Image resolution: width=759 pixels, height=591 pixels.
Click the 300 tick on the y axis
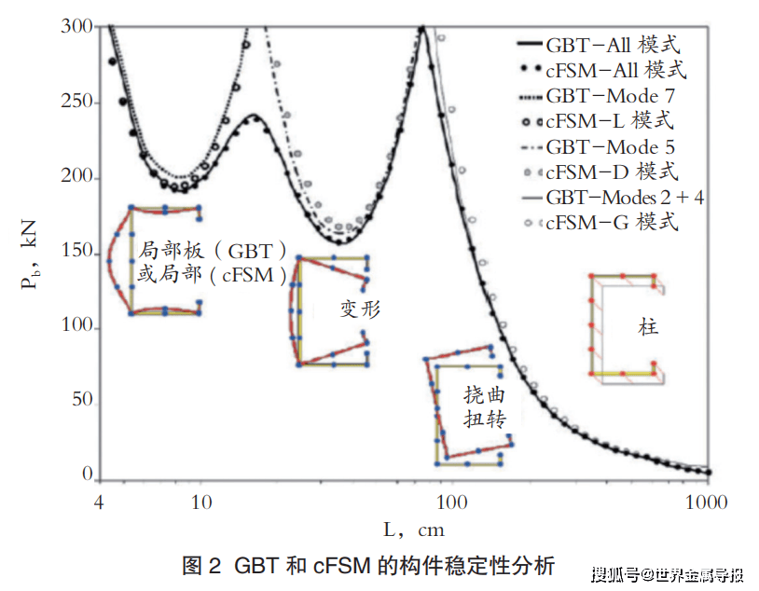pyautogui.click(x=77, y=27)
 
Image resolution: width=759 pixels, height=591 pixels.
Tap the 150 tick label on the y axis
pyautogui.click(x=77, y=252)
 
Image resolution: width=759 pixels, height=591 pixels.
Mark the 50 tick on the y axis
pyautogui.click(x=82, y=401)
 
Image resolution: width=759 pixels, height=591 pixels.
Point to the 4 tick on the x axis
pyautogui.click(x=99, y=502)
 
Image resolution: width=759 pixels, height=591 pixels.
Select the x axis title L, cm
pyautogui.click(x=414, y=530)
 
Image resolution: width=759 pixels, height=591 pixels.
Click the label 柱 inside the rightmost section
pyautogui.click(x=648, y=328)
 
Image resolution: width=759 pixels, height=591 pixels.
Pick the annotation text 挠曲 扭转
pyautogui.click(x=485, y=406)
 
